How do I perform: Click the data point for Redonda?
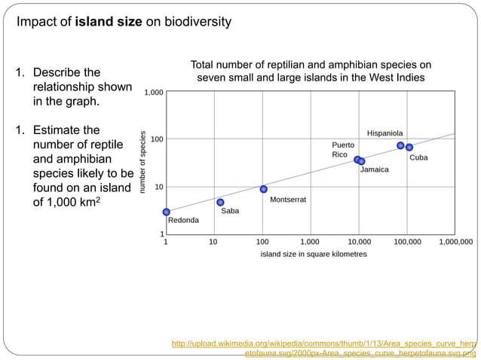[166, 212]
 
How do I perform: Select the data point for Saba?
[220, 202]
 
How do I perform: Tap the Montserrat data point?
[263, 189]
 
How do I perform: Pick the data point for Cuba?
[409, 147]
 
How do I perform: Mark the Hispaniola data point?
[400, 145]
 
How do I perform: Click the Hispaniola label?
[384, 133]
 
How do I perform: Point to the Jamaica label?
[374, 169]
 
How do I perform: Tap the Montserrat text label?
[287, 200]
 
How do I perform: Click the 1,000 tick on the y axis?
[152, 93]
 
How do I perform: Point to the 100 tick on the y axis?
[155, 139]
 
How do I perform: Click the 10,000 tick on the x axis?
[358, 243]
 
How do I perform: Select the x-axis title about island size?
[313, 255]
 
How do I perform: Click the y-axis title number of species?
[142, 162]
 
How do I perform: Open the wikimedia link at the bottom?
[324, 348]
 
